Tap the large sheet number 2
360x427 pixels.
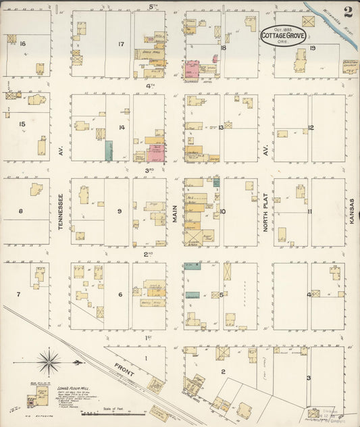346,11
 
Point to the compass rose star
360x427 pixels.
49,363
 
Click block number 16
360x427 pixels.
22,44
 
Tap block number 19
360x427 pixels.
313,48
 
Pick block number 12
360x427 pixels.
311,127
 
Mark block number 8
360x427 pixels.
21,211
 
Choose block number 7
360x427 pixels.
18,295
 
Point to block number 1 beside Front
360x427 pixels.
145,358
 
